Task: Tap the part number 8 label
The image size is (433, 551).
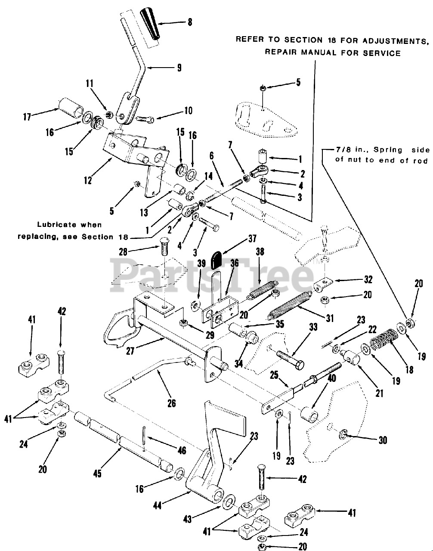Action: point(190,22)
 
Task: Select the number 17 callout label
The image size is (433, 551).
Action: point(27,117)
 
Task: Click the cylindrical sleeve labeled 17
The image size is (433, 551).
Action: point(71,108)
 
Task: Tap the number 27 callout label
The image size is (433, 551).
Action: point(130,351)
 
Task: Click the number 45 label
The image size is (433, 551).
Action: point(97,474)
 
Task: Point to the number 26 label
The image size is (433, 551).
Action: point(172,403)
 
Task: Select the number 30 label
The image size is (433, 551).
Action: point(383,440)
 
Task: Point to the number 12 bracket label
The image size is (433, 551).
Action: point(88,180)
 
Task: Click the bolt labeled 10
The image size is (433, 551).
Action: point(145,118)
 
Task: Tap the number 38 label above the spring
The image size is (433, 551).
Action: point(260,251)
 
